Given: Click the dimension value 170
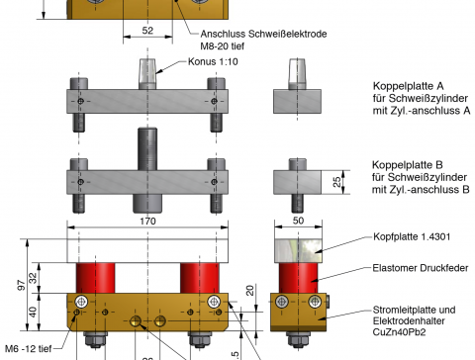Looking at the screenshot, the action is click(x=147, y=221).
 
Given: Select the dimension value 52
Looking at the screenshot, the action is click(x=147, y=31).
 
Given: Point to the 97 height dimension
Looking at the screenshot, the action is click(x=22, y=285).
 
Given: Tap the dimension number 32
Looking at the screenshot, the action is click(x=34, y=278).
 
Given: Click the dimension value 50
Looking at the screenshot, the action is click(x=298, y=221).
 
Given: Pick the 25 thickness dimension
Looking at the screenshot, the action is click(x=336, y=182).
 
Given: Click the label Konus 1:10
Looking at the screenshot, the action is click(x=213, y=61).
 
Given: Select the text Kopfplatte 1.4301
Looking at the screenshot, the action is click(x=412, y=236).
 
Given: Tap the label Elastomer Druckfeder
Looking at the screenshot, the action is click(x=421, y=268).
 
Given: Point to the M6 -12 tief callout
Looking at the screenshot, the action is click(x=29, y=348).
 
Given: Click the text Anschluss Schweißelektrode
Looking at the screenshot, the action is click(x=263, y=34).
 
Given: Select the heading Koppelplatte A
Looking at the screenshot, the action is click(x=409, y=86).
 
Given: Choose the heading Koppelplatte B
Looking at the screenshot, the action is click(x=408, y=165).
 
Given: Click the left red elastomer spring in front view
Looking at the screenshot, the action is click(x=96, y=278).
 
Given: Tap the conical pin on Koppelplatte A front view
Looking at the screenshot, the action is click(x=147, y=74).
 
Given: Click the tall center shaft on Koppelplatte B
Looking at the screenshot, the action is click(x=147, y=149).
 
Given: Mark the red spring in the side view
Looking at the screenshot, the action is click(x=299, y=278).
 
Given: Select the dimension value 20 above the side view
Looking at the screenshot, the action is click(x=250, y=290).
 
